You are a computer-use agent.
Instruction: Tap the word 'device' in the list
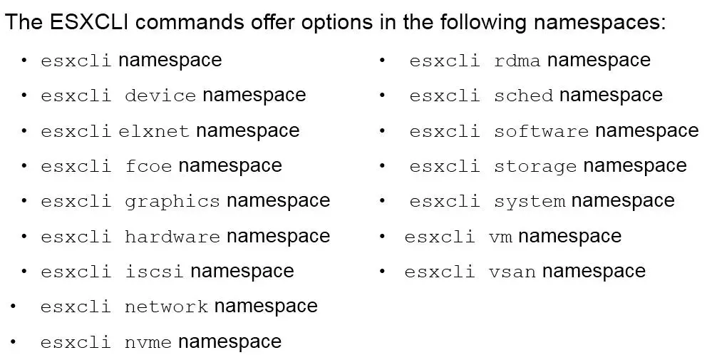pos(160,96)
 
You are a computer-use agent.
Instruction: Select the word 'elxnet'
pos(154,131)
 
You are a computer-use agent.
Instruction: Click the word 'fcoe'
pos(148,166)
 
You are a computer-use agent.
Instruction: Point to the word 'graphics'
pos(172,201)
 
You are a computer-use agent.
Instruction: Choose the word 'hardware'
pos(172,237)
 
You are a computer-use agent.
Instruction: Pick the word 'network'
pos(166,307)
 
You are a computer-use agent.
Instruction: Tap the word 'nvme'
pos(148,343)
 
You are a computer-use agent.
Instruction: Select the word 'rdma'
pos(517,61)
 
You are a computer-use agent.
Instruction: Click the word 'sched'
pos(523,96)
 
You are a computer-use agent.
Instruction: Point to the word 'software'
pos(541,131)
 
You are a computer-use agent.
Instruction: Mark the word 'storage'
pos(535,166)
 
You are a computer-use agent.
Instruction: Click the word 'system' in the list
pos(529,201)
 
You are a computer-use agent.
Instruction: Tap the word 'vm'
pos(500,237)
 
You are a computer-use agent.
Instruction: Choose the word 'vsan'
pos(512,272)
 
